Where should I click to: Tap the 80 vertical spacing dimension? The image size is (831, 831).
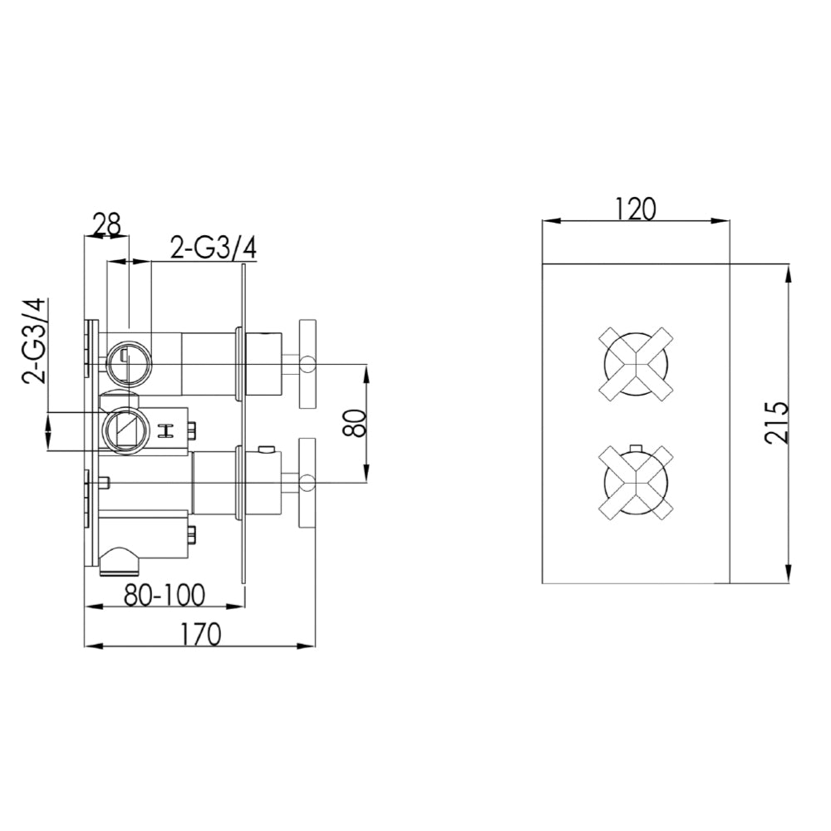pyautogui.click(x=356, y=423)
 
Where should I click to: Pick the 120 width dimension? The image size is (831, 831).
pyautogui.click(x=636, y=209)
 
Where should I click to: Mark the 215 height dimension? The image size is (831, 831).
pyautogui.click(x=775, y=424)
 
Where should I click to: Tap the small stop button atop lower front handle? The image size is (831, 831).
pyautogui.click(x=635, y=446)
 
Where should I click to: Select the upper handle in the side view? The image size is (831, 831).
pyautogui.click(x=307, y=363)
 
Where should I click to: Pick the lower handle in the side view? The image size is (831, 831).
pyautogui.click(x=307, y=480)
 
